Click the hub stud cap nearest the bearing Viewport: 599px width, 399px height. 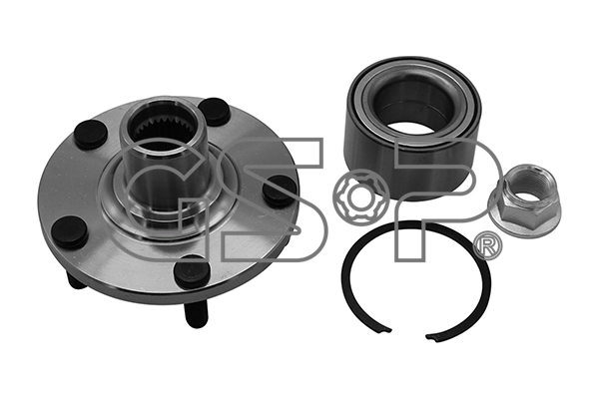tap(280, 190)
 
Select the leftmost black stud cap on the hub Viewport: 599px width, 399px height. tap(70, 231)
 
